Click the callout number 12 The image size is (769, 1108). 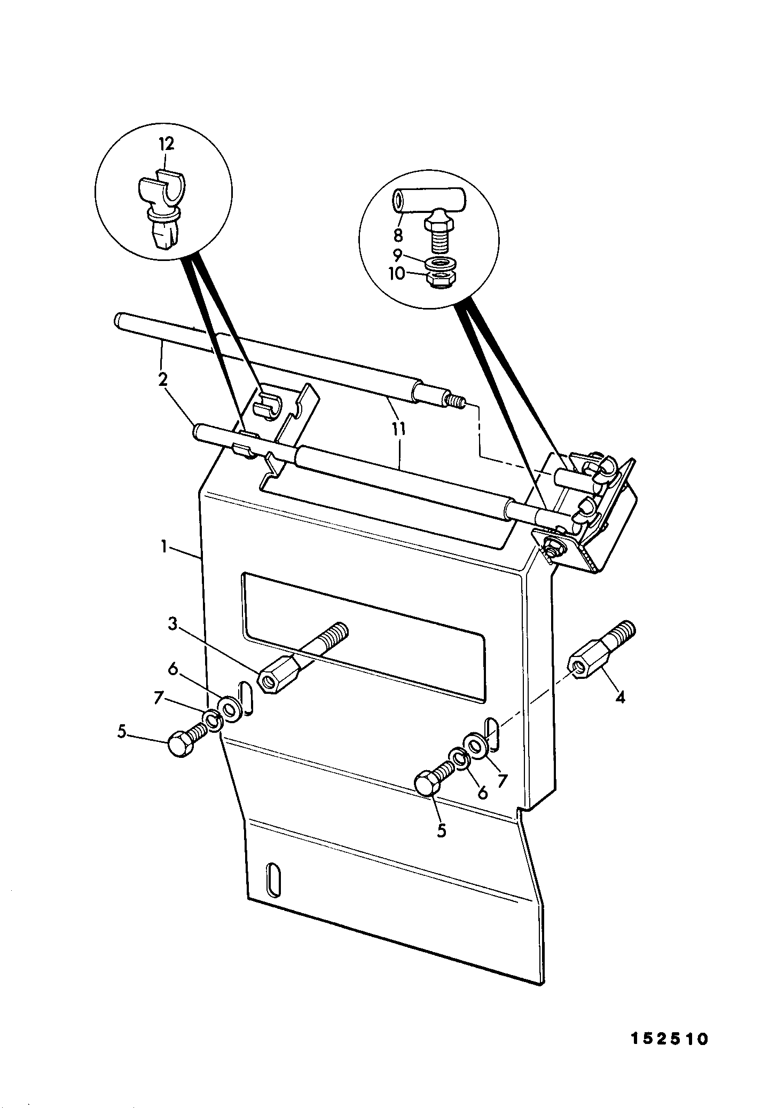coord(167,144)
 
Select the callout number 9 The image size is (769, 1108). coord(398,255)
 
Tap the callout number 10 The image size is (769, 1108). coord(397,274)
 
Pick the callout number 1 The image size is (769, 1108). coord(166,548)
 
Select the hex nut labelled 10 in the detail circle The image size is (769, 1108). coord(438,280)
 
